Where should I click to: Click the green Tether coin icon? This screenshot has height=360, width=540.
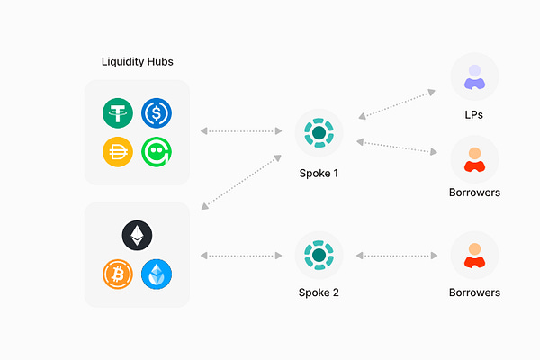[x=118, y=114]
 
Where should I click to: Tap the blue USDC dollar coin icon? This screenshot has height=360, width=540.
[x=157, y=114]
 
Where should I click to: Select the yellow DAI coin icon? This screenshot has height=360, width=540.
[x=118, y=151]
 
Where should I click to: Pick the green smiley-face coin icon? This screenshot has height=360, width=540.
[x=157, y=151]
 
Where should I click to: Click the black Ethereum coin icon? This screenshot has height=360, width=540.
[x=137, y=236]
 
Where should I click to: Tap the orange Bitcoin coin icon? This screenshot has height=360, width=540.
[x=118, y=273]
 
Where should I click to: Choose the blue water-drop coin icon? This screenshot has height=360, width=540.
[x=157, y=273]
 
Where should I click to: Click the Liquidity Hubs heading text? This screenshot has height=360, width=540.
[x=137, y=62]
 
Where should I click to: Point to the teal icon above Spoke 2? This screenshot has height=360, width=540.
[x=319, y=256]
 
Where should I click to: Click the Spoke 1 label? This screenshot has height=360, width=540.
[x=319, y=172]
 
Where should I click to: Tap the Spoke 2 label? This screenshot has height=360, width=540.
[x=319, y=293]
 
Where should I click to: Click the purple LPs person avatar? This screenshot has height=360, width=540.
[x=474, y=76]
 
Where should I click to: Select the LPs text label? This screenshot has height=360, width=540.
[x=474, y=117]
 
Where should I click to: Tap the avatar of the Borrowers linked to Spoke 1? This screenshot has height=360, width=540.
[x=474, y=158]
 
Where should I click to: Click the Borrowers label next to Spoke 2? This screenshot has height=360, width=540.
[x=474, y=292]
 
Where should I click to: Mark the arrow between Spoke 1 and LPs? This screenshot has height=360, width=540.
[x=397, y=103]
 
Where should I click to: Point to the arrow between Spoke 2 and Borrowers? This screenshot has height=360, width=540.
[x=397, y=256]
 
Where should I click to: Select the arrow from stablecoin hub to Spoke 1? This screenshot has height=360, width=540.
[x=241, y=131]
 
